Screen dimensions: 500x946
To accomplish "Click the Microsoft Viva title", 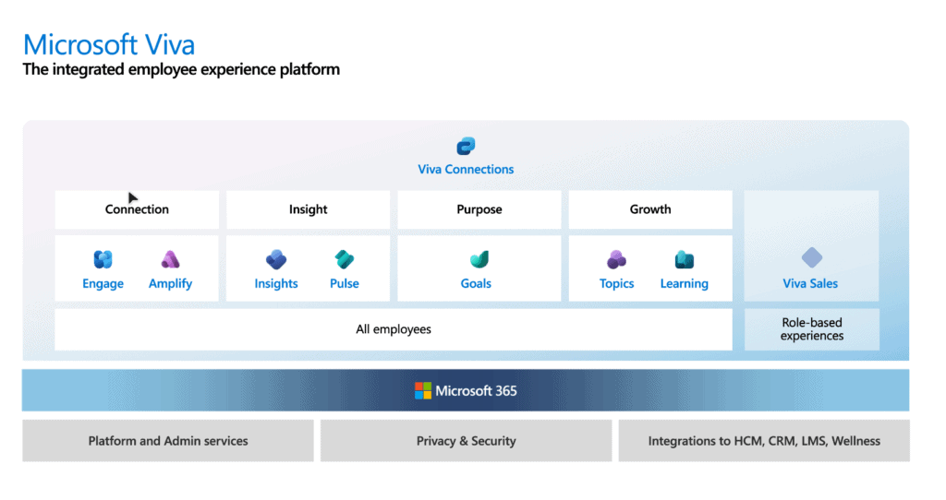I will coord(109,44).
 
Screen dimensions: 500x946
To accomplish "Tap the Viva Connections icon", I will coord(466,146).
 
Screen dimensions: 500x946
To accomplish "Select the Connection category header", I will coord(137,209).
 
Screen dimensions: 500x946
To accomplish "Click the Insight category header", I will coord(308,209).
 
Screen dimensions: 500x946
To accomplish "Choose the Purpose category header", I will coord(479,209).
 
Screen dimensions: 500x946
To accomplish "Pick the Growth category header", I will coord(650,209).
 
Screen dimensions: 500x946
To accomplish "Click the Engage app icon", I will coord(103,259).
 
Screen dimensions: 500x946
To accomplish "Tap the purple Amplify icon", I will coord(170,259).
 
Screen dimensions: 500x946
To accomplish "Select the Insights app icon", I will coord(276,259).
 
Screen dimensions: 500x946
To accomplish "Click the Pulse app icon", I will coord(345,259).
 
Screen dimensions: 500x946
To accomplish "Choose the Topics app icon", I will coord(616,259).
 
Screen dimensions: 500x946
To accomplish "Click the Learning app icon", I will coord(684,259).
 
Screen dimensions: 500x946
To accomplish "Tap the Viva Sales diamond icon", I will coord(811,257).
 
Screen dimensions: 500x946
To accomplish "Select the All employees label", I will coord(394,329).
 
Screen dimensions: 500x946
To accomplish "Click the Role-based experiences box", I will coord(811,329).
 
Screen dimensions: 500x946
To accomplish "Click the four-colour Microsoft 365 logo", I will coord(423,390).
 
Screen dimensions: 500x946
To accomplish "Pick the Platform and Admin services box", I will coord(168,441).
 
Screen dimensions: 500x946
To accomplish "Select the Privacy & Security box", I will coord(466,441).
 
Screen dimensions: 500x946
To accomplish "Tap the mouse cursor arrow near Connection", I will coord(132,197).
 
